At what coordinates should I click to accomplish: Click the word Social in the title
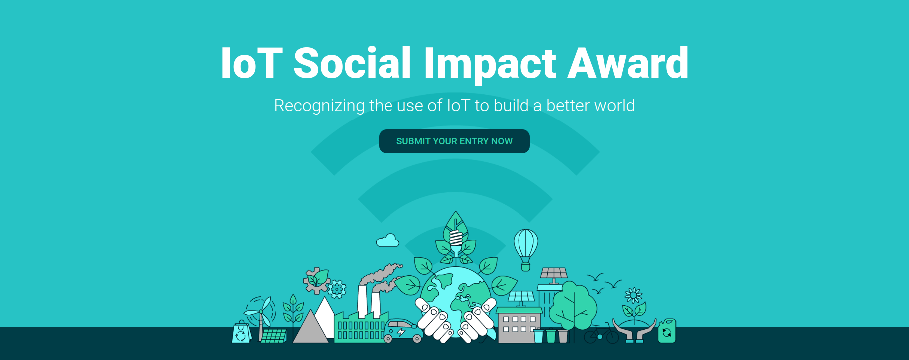coord(353,63)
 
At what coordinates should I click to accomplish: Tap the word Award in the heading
coord(628,63)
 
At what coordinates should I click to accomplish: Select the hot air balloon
coord(526,249)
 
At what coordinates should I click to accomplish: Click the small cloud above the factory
coord(388,240)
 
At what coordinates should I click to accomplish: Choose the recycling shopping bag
coord(241,332)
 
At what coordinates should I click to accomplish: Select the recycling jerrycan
coord(667,331)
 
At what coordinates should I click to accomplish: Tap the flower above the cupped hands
coord(633,295)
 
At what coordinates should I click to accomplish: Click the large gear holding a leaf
coord(316,280)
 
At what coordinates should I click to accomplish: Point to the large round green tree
coord(573,305)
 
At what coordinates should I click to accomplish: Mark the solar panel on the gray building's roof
coord(521,297)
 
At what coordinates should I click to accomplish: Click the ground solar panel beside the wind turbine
coord(274,335)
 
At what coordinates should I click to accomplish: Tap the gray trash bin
coord(563,336)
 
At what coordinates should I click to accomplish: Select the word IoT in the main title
coord(252,63)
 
